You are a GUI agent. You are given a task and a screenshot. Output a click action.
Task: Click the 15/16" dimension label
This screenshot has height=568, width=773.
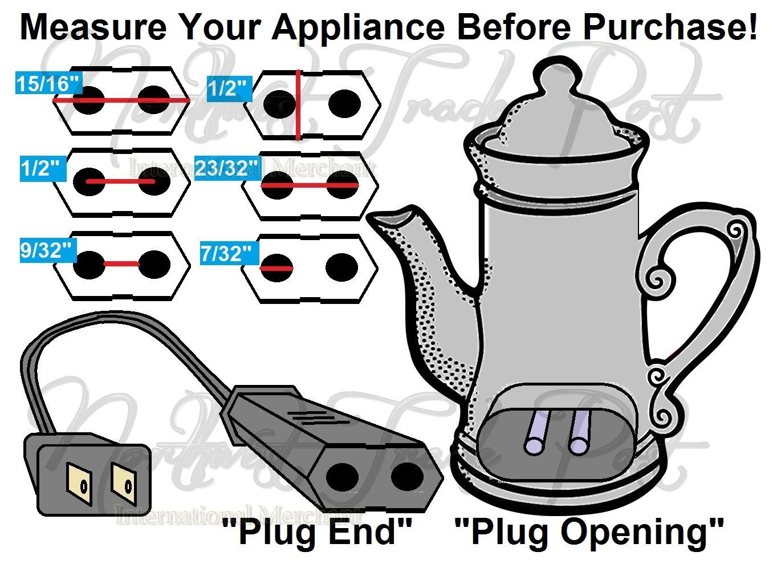pyautogui.click(x=47, y=84)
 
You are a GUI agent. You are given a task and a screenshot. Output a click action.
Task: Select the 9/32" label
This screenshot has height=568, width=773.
pyautogui.click(x=47, y=250)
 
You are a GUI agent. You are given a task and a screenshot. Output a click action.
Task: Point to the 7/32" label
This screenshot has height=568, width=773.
pyautogui.click(x=226, y=253)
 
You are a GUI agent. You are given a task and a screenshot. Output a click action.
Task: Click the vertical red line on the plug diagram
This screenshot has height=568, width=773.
pyautogui.click(x=298, y=105)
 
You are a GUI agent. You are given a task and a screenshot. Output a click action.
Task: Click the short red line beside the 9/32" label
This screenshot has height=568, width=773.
pyautogui.click(x=121, y=264)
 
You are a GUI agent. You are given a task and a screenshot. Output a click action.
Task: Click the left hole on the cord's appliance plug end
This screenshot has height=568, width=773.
pyautogui.click(x=343, y=476)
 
